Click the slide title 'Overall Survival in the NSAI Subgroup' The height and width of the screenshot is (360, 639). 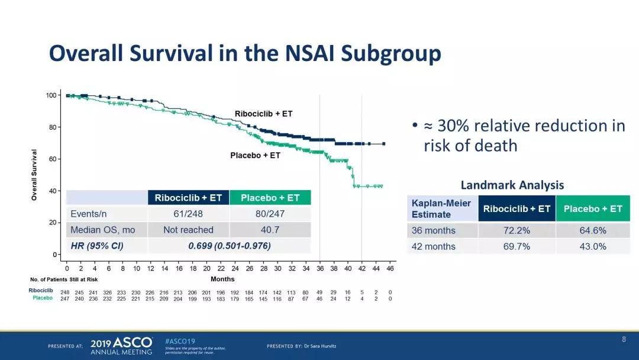click(245, 53)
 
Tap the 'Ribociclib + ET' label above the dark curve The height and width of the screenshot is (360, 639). click(263, 114)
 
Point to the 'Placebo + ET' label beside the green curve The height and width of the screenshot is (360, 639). click(255, 156)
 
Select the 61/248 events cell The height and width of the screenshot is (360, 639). click(188, 214)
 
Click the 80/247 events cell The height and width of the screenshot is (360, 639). click(270, 214)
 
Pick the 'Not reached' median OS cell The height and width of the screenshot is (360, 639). click(188, 230)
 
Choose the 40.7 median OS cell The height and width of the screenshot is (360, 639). click(270, 230)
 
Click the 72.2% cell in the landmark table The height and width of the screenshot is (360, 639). click(517, 230)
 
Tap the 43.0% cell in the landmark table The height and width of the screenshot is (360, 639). click(593, 246)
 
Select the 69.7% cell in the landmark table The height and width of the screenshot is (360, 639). click(517, 246)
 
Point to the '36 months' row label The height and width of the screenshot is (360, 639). click(434, 230)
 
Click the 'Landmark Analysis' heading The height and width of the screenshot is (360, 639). click(512, 185)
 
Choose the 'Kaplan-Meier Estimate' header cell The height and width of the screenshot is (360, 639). click(441, 208)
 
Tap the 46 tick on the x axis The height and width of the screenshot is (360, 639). click(390, 268)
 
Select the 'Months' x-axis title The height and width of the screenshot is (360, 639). click(222, 279)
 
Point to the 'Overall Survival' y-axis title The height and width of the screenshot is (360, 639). click(34, 174)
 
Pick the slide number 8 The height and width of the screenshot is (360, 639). click(624, 339)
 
